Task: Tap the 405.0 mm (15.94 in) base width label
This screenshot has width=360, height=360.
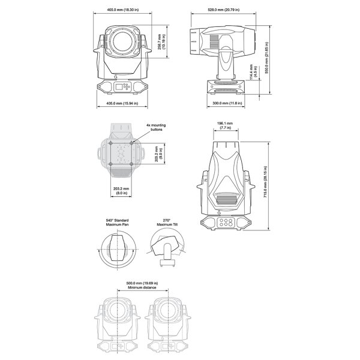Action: coord(122,103)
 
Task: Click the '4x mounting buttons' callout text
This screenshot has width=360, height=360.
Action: coord(155,127)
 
